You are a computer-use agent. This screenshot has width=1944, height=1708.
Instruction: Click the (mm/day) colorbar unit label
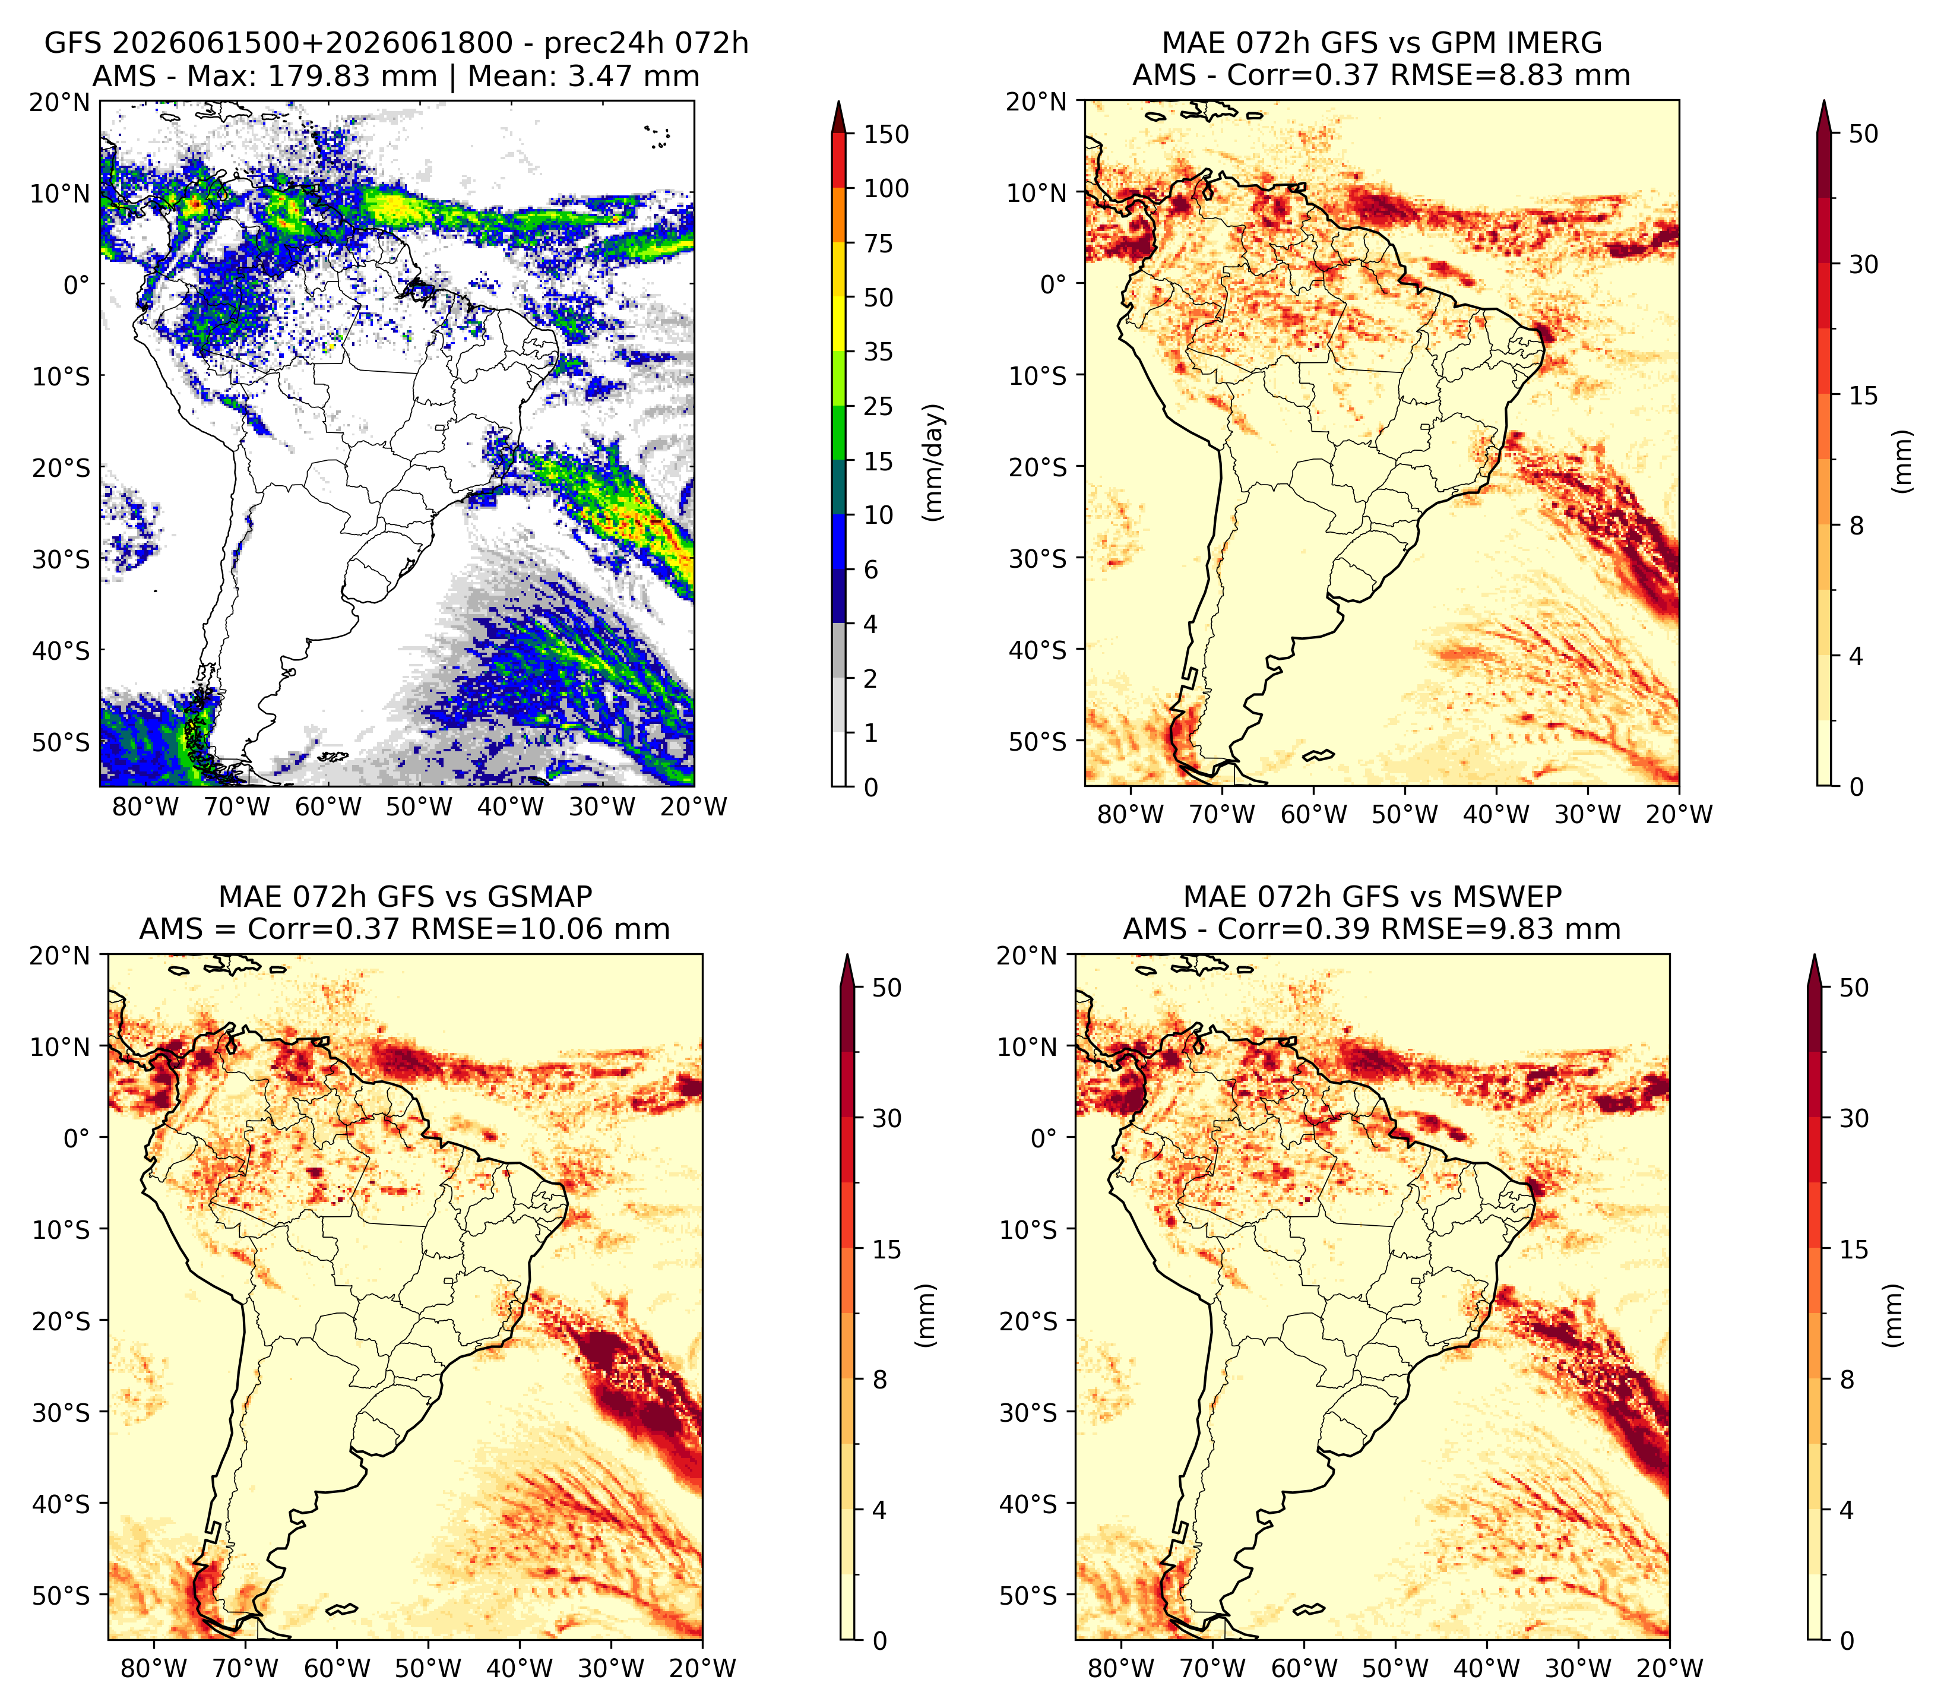(934, 462)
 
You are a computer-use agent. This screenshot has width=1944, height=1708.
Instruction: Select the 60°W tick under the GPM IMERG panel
(1313, 814)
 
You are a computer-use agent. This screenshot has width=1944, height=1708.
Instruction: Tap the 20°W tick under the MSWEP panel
(1669, 1668)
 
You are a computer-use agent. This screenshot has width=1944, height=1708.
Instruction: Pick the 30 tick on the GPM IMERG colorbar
(1864, 264)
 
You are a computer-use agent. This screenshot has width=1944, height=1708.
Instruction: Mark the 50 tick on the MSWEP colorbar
(1854, 988)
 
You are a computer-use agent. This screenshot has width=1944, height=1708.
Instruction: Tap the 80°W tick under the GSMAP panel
(155, 1668)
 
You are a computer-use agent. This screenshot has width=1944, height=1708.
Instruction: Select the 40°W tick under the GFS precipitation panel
(511, 806)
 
